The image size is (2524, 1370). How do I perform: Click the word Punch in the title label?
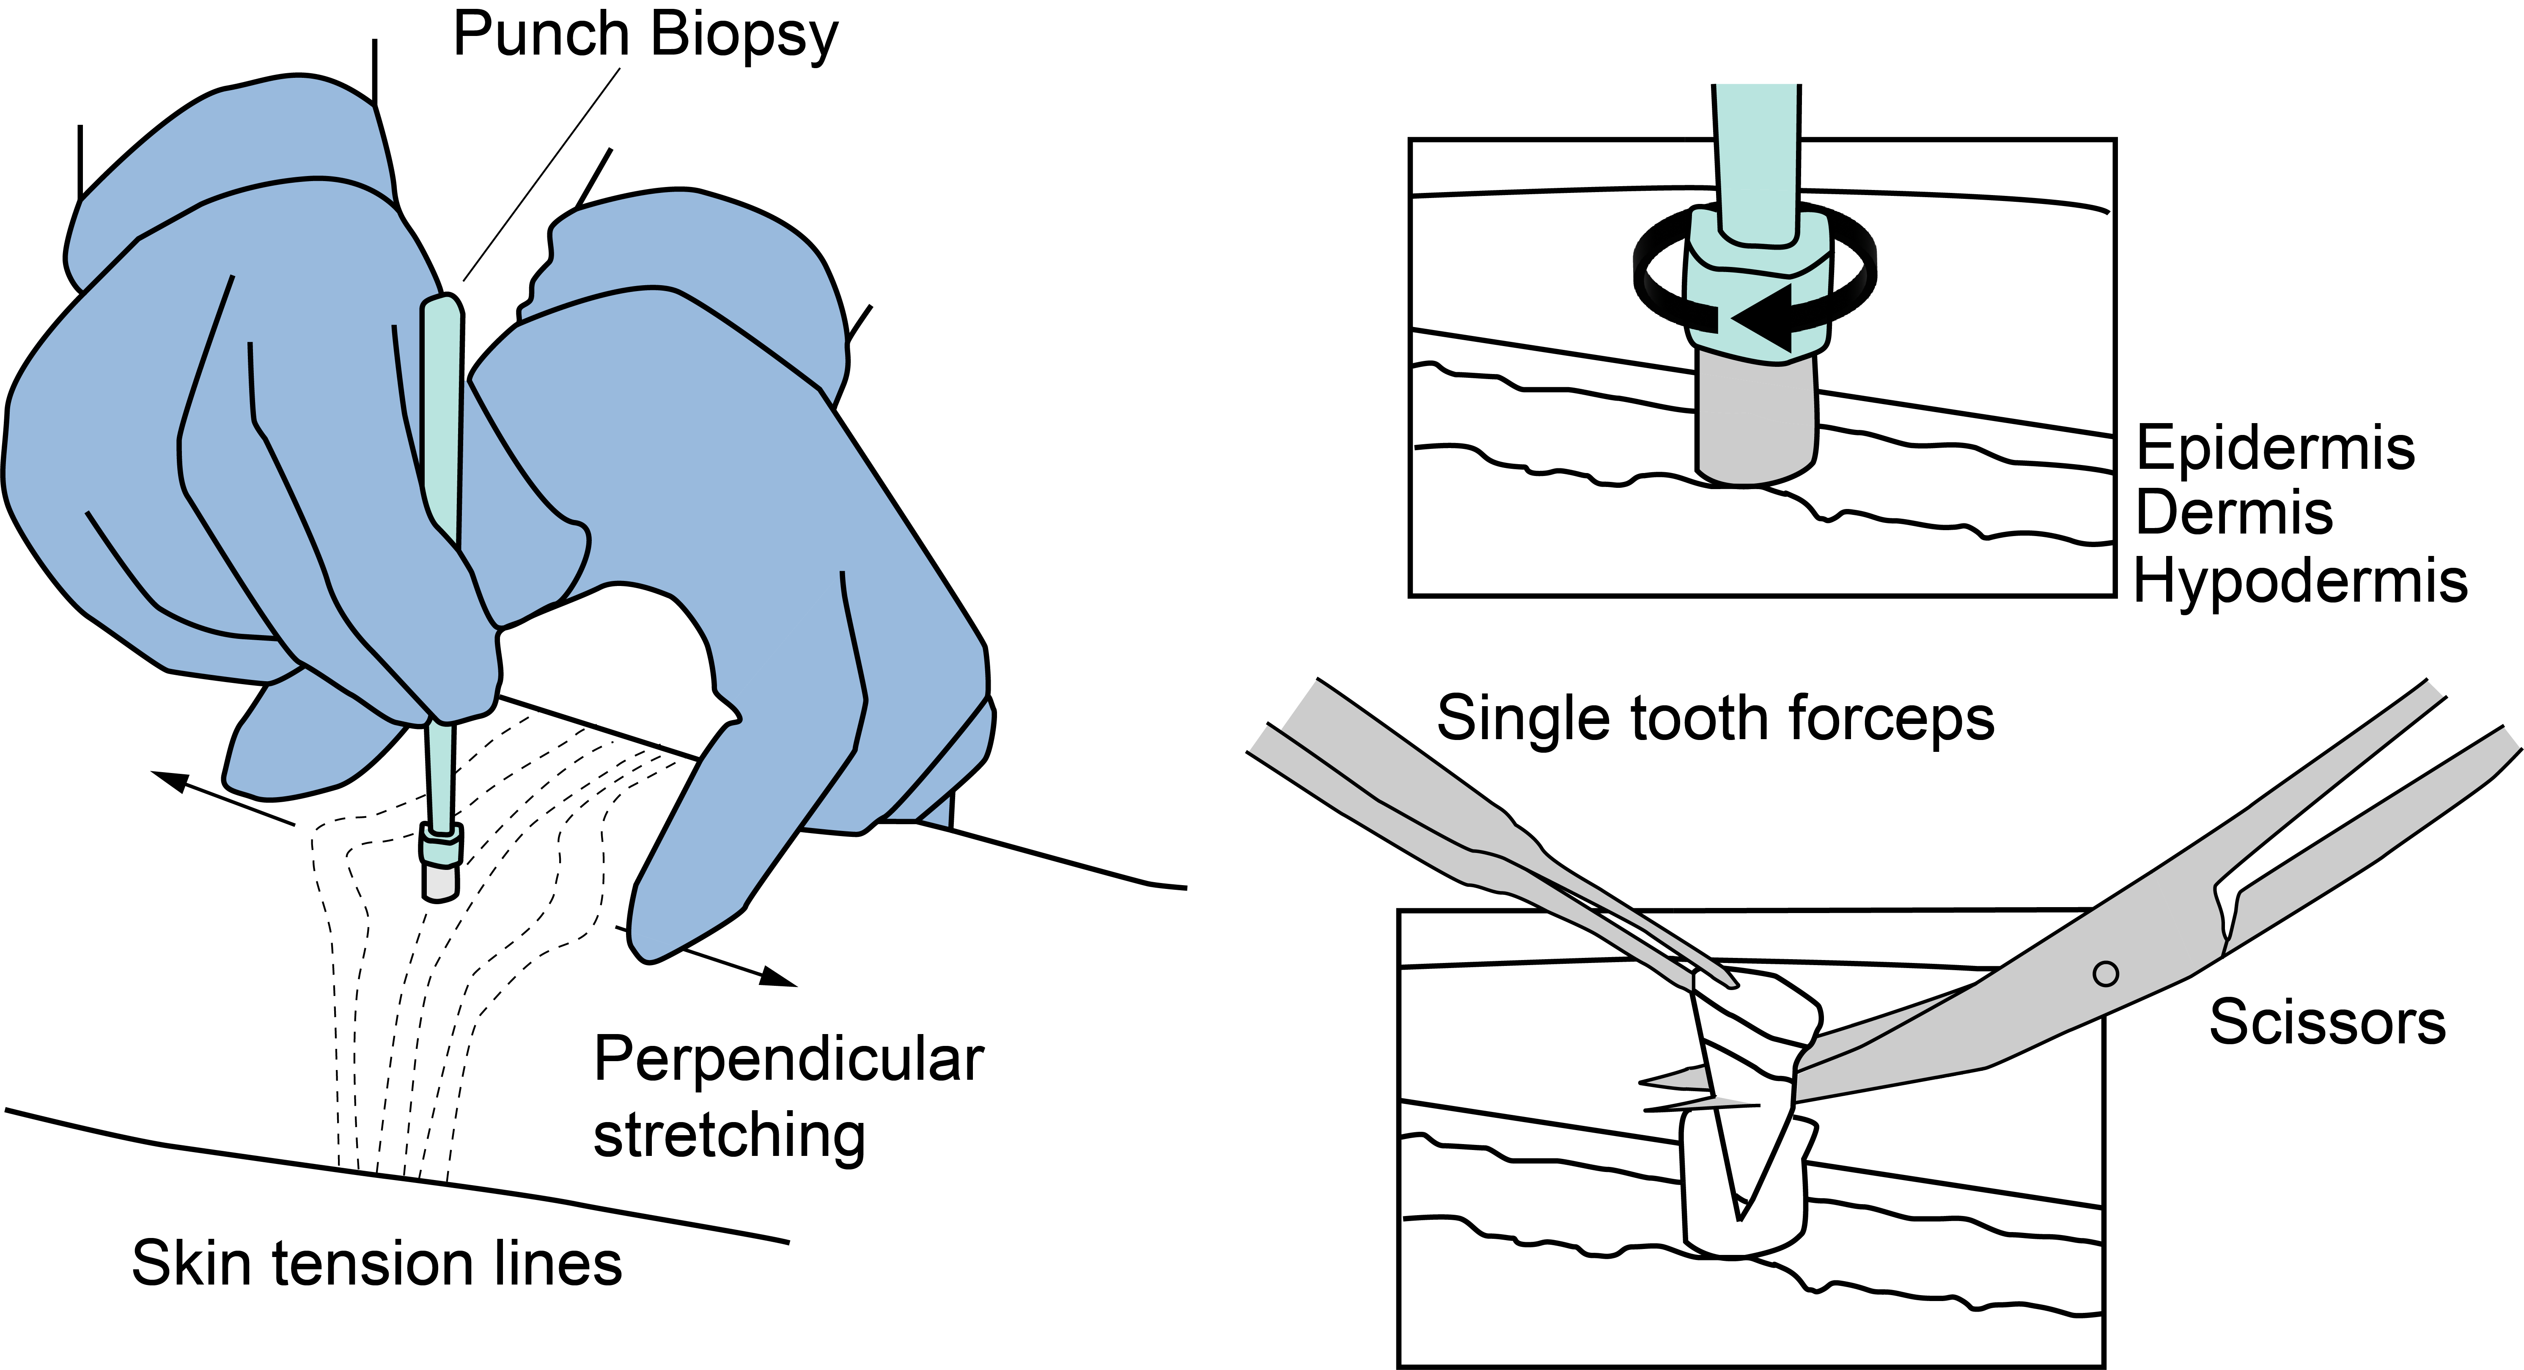tap(541, 35)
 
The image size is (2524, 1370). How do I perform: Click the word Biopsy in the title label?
tap(744, 37)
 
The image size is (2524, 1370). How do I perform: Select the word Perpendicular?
tap(788, 1060)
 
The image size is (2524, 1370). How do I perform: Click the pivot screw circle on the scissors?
tap(2105, 974)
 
